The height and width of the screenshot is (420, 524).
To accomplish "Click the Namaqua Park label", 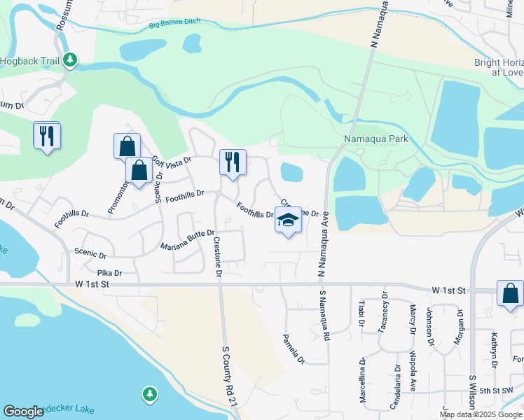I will tap(375, 139).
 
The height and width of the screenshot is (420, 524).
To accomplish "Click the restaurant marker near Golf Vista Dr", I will tap(233, 163).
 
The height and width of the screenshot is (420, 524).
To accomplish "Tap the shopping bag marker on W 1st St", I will tap(510, 295).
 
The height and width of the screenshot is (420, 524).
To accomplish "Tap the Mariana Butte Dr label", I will tap(186, 239).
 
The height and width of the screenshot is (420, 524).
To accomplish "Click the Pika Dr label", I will tap(110, 272).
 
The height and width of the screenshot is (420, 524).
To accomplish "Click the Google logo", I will tap(23, 412).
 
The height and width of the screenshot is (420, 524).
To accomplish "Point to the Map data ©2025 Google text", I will tap(480, 414).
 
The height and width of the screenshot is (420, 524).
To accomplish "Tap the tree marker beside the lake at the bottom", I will tap(149, 394).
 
